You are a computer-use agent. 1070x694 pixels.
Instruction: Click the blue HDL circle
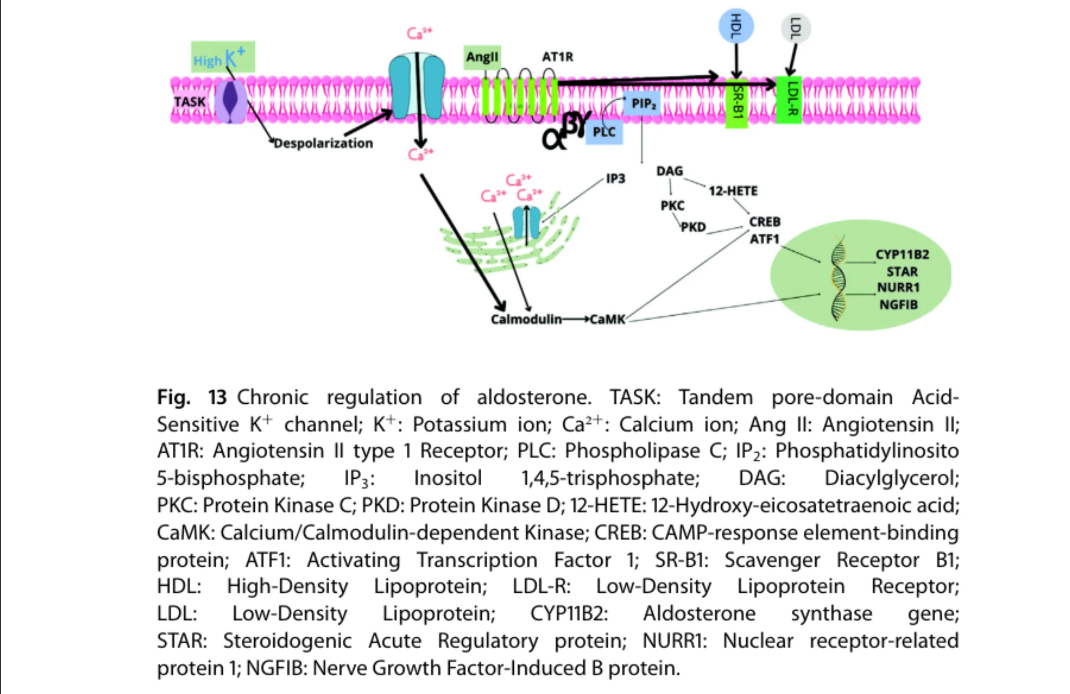(736, 26)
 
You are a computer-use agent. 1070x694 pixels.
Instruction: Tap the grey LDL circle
(795, 28)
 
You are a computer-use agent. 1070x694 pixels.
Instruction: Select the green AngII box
(482, 58)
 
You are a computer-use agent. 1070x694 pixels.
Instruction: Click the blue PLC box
(604, 132)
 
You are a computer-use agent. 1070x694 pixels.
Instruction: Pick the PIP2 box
(643, 104)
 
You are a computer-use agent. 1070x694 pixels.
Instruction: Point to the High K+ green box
(223, 57)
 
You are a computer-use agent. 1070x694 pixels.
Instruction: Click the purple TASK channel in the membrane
(231, 101)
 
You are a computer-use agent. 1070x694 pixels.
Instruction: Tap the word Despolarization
(323, 143)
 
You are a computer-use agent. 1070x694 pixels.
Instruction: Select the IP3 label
(616, 179)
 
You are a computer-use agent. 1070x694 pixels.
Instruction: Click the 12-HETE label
(733, 191)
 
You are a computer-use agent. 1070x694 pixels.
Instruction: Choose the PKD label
(693, 227)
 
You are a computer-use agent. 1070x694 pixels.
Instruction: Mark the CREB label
(764, 222)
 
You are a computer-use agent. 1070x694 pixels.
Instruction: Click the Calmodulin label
(526, 320)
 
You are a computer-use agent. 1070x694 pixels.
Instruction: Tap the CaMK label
(607, 320)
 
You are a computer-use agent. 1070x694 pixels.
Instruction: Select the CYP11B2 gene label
(902, 254)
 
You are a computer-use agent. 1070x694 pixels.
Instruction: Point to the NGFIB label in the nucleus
(898, 305)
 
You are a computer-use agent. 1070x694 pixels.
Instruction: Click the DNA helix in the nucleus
(837, 279)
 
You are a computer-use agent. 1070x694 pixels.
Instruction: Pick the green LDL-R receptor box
(789, 100)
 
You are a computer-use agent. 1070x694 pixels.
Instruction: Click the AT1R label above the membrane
(558, 57)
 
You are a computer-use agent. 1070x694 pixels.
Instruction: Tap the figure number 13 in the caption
(217, 397)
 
